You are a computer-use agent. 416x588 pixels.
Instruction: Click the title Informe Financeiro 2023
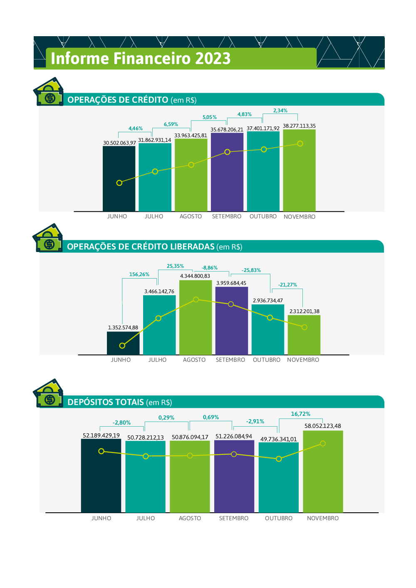pyautogui.click(x=141, y=59)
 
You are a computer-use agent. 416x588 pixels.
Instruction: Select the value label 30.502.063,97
pyautogui.click(x=119, y=143)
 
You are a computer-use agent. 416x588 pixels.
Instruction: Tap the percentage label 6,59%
pyautogui.click(x=171, y=124)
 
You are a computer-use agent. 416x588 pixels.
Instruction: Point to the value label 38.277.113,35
pyautogui.click(x=299, y=126)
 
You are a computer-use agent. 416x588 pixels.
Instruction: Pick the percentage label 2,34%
pyautogui.click(x=280, y=111)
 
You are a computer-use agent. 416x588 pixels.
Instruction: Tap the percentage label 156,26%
pyautogui.click(x=139, y=274)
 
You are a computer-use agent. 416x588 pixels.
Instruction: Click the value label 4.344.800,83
pyautogui.click(x=195, y=276)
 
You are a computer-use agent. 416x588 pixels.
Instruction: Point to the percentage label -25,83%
pyautogui.click(x=251, y=270)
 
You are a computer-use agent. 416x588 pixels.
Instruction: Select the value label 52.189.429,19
pyautogui.click(x=101, y=435)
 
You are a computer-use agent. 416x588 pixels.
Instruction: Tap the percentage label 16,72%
pyautogui.click(x=300, y=414)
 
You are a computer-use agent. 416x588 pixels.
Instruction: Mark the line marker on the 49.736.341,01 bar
pyautogui.click(x=279, y=459)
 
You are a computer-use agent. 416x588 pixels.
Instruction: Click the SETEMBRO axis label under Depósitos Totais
pyautogui.click(x=233, y=518)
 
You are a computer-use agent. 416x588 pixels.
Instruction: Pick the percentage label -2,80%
pyautogui.click(x=121, y=422)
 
